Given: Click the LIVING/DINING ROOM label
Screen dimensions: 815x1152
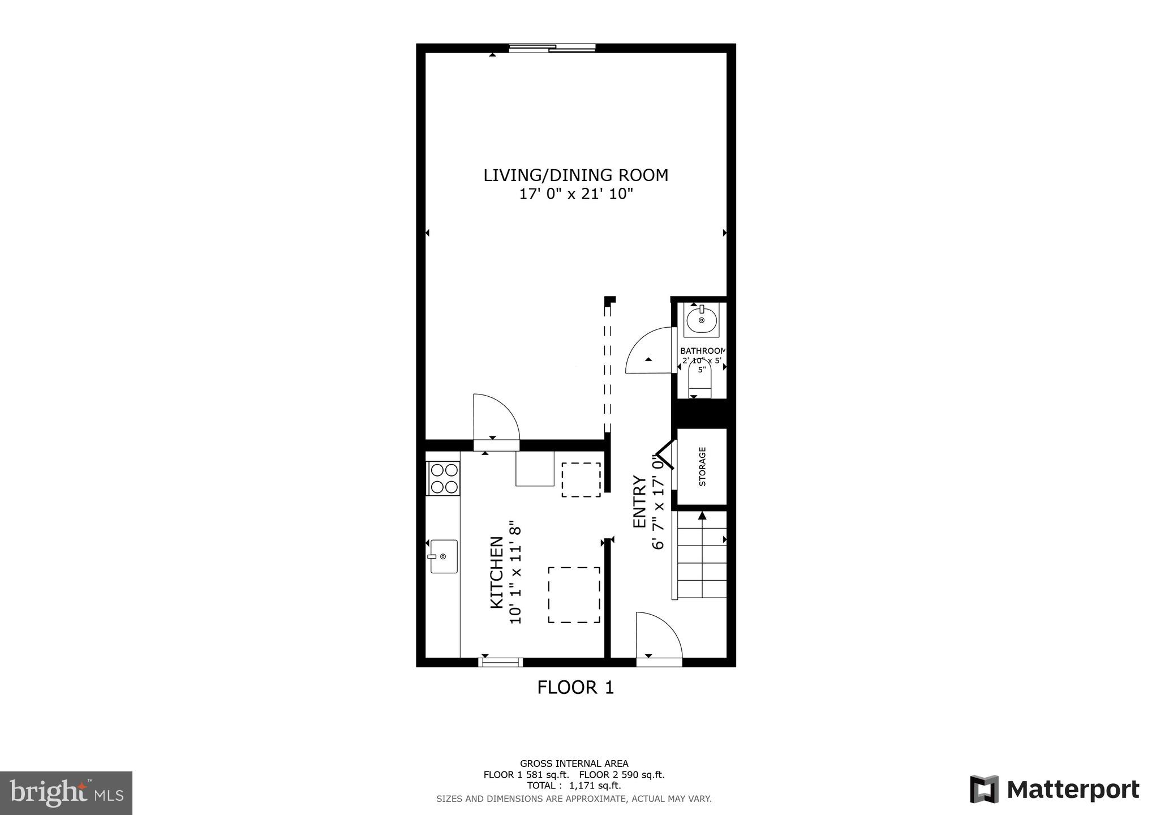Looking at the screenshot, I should (x=575, y=175).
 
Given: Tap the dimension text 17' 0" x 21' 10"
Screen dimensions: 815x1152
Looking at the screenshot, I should (x=575, y=194).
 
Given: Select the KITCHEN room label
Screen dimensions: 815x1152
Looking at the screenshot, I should (x=496, y=572).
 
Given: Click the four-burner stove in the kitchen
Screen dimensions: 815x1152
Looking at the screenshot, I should (x=444, y=478).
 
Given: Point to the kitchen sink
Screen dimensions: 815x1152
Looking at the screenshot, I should (x=444, y=556).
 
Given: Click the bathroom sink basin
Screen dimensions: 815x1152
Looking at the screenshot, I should (x=702, y=320).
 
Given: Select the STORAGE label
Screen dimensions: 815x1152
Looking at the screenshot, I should (x=702, y=466).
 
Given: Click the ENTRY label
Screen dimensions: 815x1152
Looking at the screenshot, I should (x=639, y=501).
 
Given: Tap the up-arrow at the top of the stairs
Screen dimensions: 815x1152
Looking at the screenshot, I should (x=702, y=516).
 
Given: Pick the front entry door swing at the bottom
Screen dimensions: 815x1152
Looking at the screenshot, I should (x=656, y=637).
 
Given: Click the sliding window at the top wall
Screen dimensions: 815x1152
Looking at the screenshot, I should (x=552, y=49).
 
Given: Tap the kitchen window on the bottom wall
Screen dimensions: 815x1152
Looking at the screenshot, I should (x=501, y=662).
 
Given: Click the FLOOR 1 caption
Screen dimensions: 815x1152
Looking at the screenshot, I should (x=575, y=688).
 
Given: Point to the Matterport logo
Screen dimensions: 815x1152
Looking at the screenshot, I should (x=1054, y=790).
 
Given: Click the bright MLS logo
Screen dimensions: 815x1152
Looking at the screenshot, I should (x=66, y=793).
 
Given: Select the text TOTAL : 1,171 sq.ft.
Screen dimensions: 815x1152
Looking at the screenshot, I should (x=574, y=786).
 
